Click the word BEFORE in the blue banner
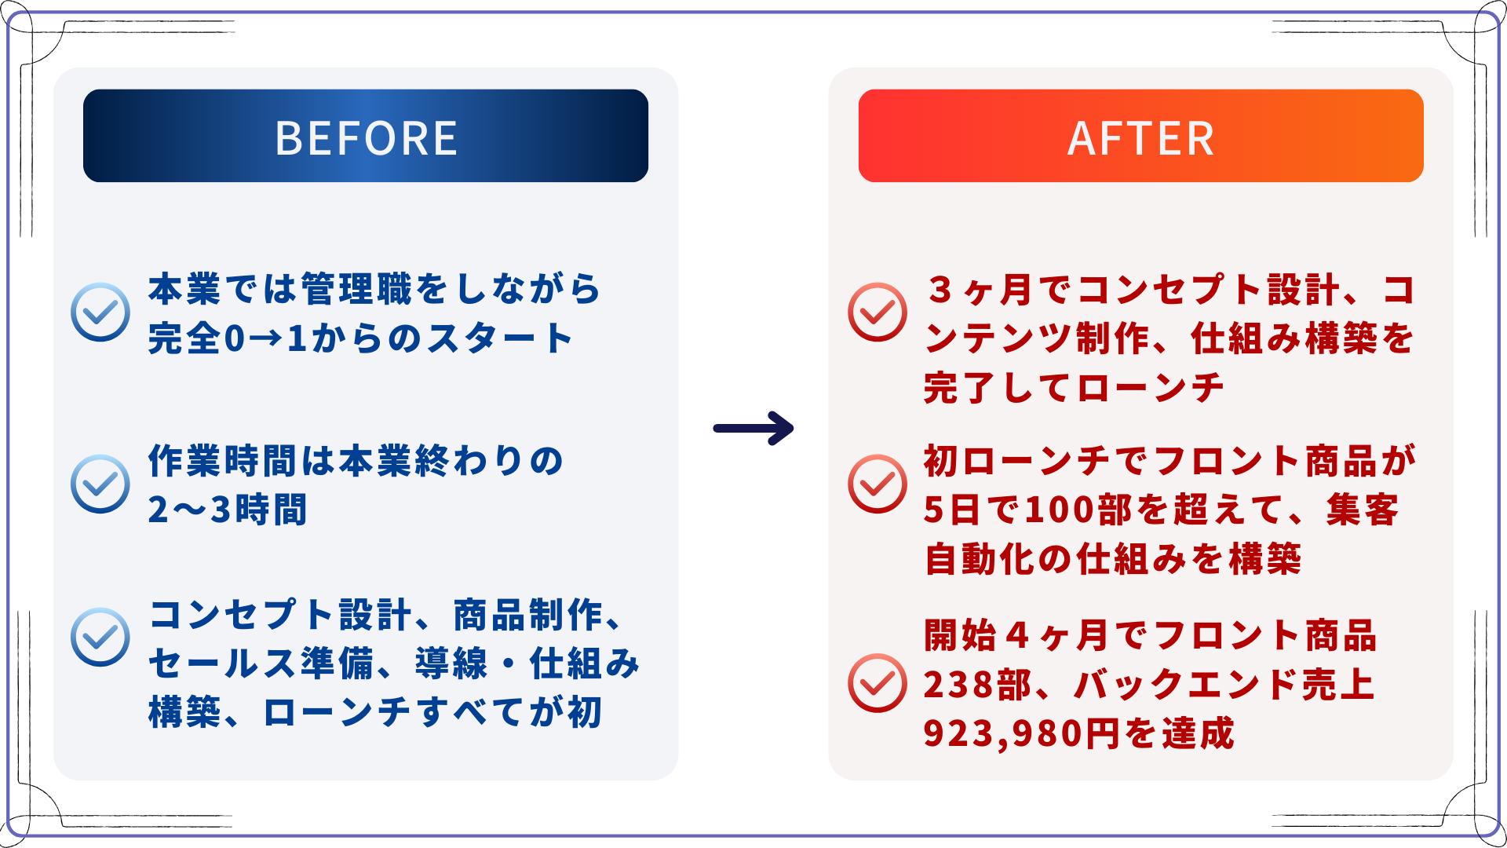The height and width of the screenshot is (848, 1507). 366,138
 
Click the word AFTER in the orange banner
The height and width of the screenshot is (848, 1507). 1140,138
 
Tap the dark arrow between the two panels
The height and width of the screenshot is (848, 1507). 753,429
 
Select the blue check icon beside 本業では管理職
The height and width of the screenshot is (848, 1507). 100,312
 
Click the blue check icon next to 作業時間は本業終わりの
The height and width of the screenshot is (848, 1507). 100,484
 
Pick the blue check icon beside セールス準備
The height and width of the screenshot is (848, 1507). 100,637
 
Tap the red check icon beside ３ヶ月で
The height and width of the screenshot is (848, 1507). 878,312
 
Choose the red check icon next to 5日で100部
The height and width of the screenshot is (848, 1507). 878,484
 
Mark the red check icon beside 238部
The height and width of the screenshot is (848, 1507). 878,683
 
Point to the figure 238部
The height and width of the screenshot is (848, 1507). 977,685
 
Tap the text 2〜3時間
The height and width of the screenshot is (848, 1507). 228,510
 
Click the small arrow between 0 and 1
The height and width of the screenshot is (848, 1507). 268,339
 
